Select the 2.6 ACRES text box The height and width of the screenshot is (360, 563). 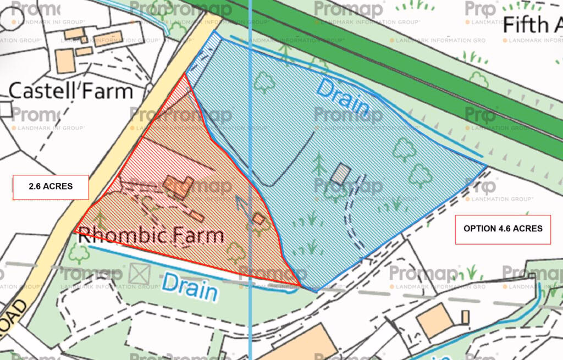51,187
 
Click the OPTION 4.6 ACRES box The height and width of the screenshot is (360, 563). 503,228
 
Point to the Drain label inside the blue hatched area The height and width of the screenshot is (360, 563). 342,98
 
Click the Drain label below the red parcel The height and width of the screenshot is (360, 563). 189,287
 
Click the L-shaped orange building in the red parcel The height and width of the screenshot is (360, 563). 177,187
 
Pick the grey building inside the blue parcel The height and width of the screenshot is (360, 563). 340,174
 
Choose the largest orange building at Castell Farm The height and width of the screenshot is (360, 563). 65,61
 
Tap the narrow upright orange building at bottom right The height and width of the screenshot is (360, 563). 465,317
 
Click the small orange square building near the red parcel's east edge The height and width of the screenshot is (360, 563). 258,219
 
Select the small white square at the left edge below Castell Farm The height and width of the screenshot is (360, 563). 5,109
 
